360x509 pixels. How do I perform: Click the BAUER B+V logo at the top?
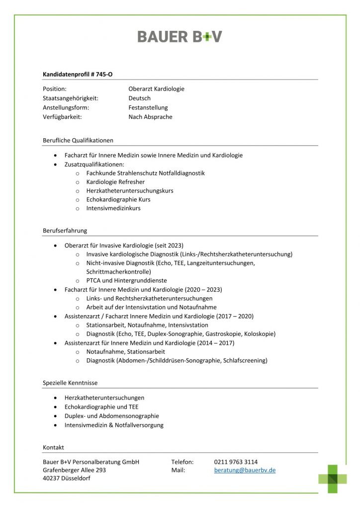point(180,36)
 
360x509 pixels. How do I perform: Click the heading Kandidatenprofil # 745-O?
point(78,74)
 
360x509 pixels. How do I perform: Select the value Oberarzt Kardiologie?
point(156,89)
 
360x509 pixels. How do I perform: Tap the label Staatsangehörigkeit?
point(71,98)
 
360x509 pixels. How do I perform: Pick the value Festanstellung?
point(148,107)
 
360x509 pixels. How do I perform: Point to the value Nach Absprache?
point(150,117)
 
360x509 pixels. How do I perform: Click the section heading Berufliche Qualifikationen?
point(78,140)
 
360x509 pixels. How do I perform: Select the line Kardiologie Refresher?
point(115,182)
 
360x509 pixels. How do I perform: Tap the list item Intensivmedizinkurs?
point(113,208)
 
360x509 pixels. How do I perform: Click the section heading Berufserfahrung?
point(65,231)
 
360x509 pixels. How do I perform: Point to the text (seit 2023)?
point(169,245)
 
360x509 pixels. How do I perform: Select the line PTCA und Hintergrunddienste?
point(126,280)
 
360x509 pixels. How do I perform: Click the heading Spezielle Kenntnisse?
point(70,383)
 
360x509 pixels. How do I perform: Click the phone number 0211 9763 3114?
point(236,462)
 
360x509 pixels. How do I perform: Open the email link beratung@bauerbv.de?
point(245,470)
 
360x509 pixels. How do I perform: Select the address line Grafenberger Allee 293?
point(74,470)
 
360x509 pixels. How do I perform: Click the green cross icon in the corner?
point(332,479)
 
